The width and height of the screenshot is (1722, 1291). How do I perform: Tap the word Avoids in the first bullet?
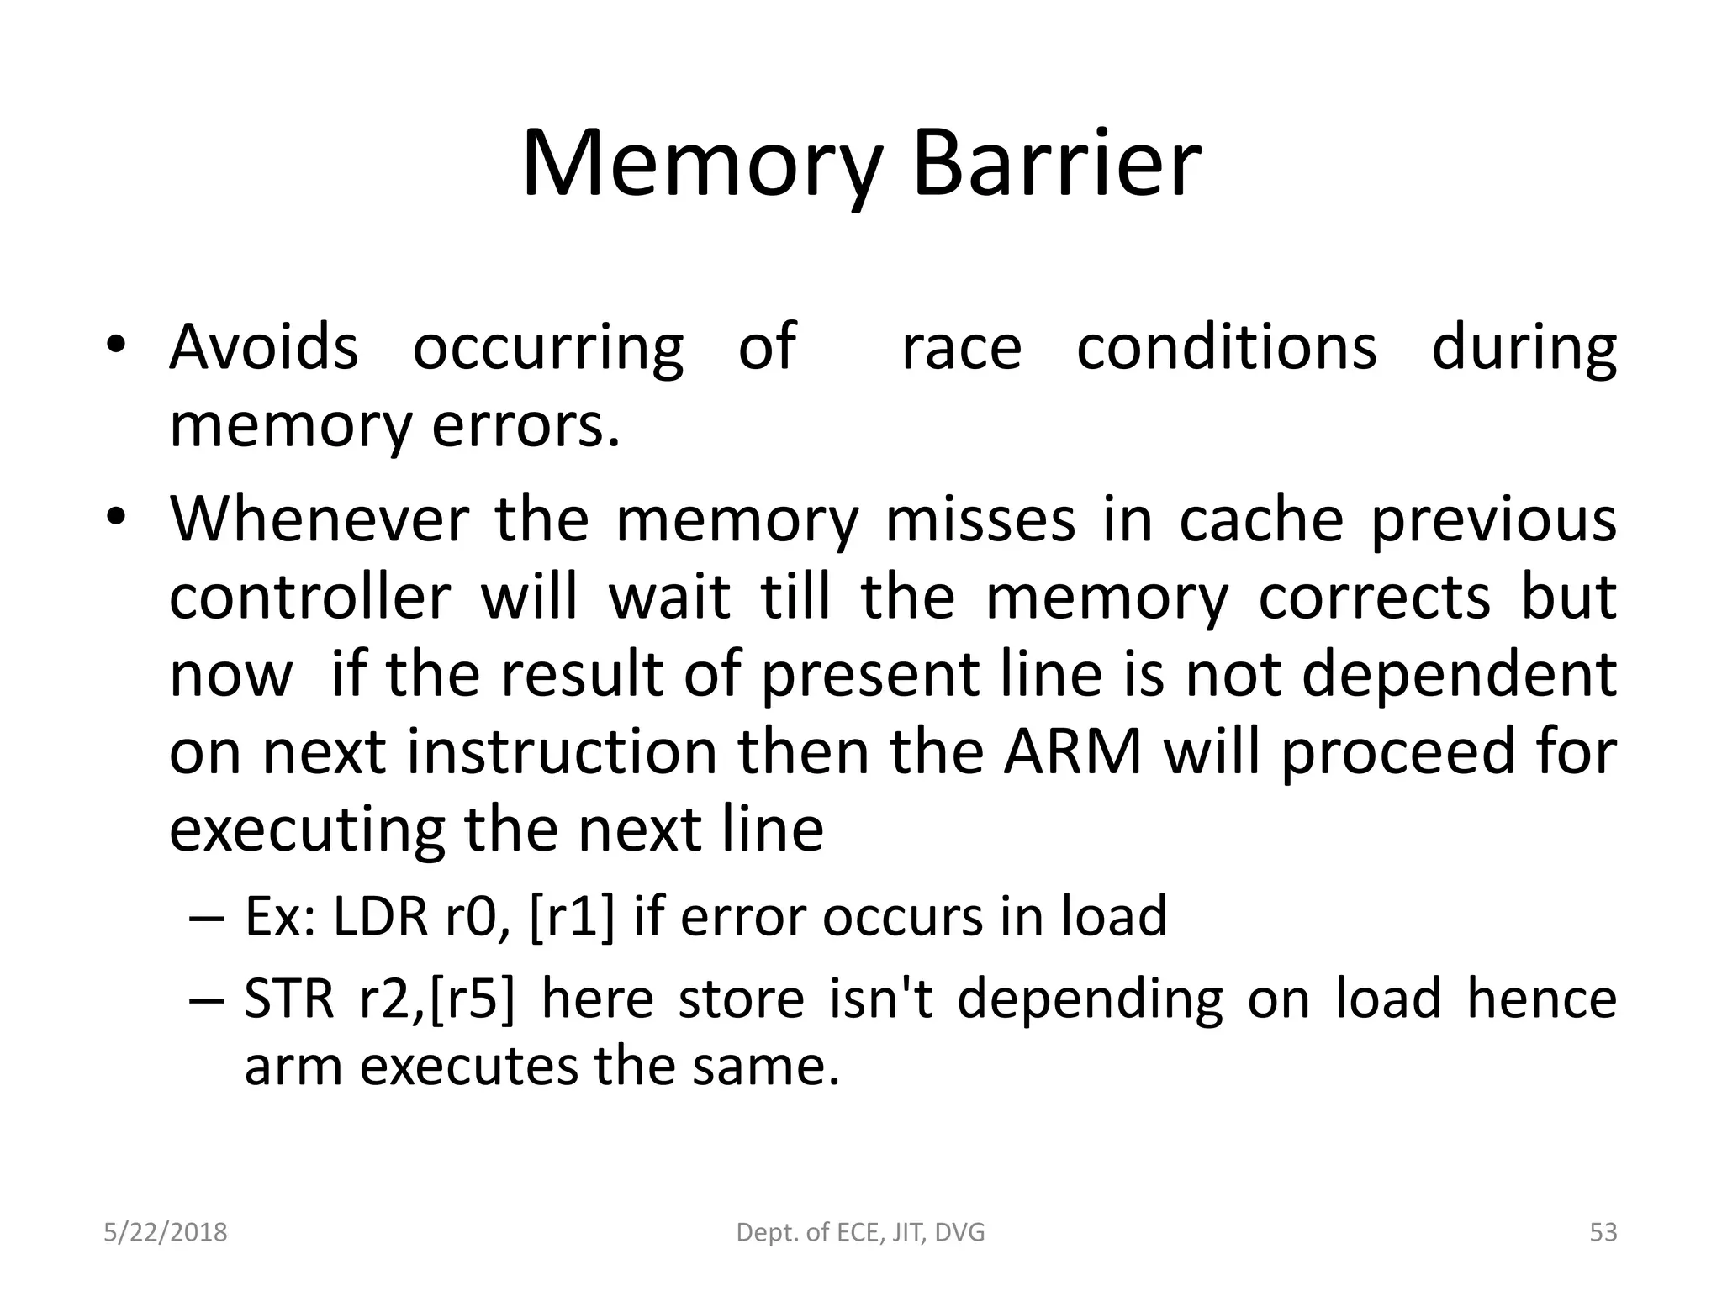click(x=263, y=346)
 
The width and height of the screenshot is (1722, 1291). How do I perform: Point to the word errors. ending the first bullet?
click(x=526, y=426)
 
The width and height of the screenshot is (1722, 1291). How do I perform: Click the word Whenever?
click(x=319, y=519)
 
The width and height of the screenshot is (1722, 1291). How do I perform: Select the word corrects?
click(x=1375, y=597)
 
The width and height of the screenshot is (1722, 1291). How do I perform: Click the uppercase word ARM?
click(x=1072, y=751)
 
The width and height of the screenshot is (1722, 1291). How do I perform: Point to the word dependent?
click(x=1459, y=674)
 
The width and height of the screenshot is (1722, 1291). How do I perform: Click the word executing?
click(x=307, y=830)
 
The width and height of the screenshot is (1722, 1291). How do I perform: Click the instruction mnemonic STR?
click(x=288, y=999)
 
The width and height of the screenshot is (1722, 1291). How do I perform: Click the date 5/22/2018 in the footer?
click(x=166, y=1232)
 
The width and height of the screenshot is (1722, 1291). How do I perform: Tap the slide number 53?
click(x=1603, y=1232)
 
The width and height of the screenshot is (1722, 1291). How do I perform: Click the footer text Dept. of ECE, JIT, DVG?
click(x=860, y=1232)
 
